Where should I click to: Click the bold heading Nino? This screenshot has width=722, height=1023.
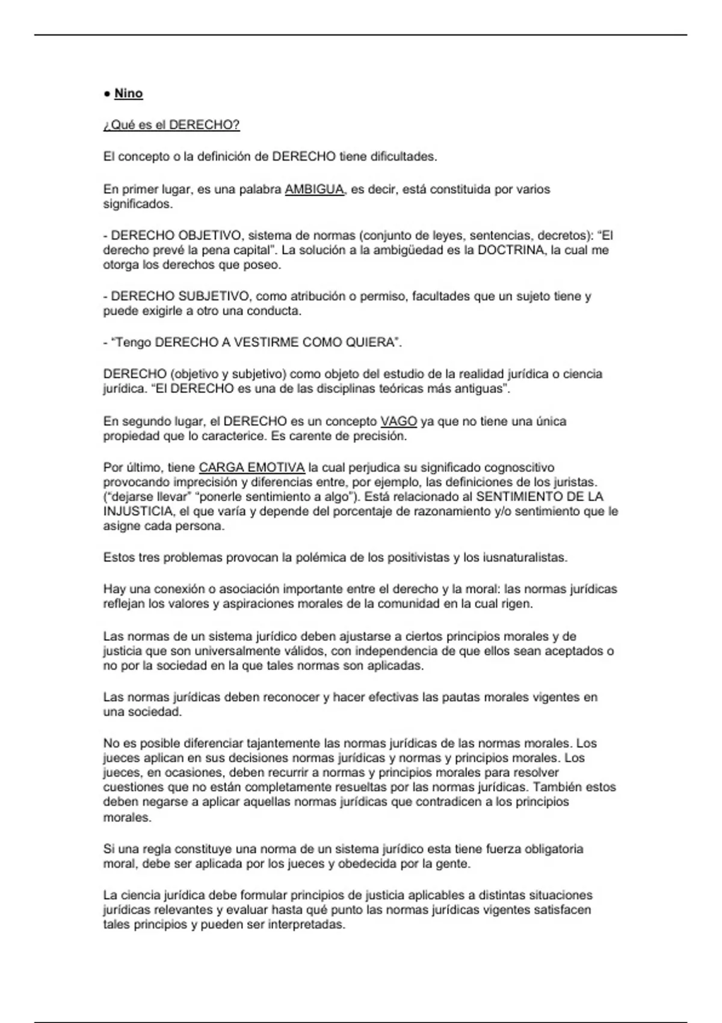click(128, 93)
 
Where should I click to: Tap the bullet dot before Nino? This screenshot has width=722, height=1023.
click(106, 94)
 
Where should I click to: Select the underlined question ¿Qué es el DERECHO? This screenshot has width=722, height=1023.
click(171, 125)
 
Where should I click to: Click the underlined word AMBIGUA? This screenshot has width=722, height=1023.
click(314, 189)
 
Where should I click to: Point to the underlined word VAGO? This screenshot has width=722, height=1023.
click(399, 421)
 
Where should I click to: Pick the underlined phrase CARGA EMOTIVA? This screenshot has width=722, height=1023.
click(251, 468)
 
